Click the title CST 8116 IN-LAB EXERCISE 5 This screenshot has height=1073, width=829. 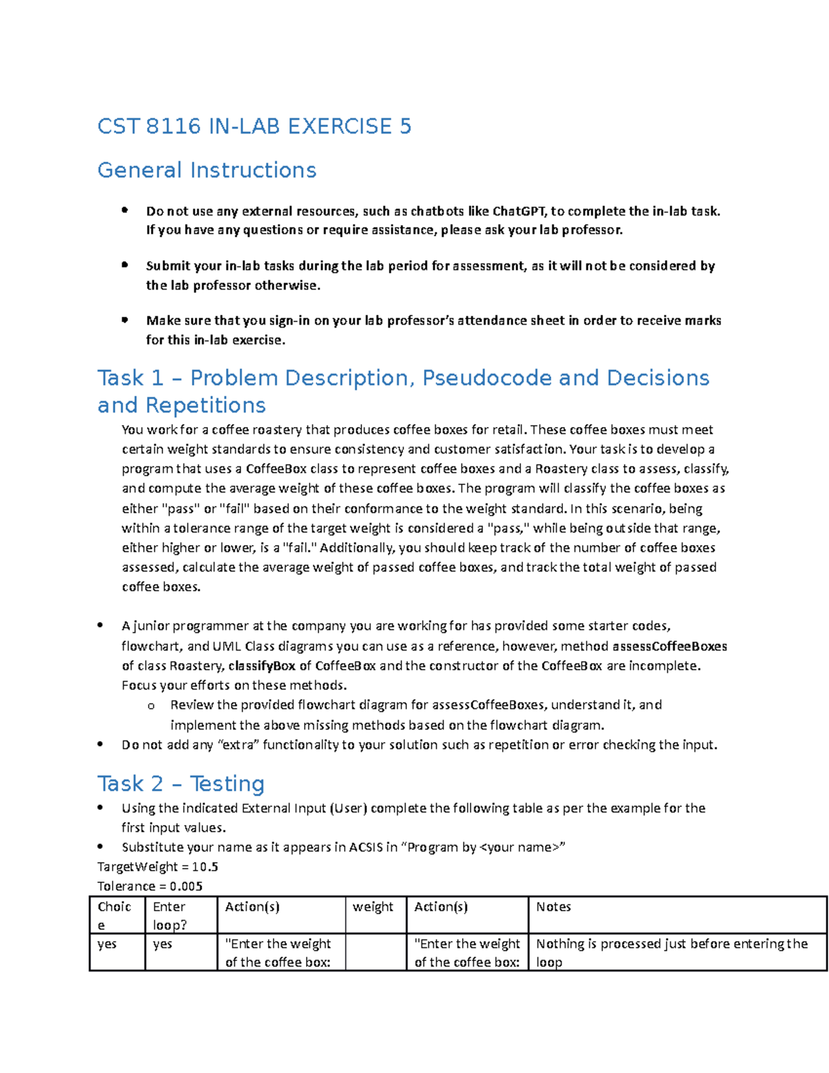pos(254,126)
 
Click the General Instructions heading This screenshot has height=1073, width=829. pos(207,170)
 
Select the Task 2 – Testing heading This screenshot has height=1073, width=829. pos(181,784)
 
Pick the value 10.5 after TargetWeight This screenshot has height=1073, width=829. pos(205,867)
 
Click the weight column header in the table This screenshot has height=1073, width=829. pos(372,907)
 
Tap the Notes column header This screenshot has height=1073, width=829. pos(553,907)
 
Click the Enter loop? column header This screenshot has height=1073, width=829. pos(170,915)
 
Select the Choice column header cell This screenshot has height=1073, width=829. pos(114,915)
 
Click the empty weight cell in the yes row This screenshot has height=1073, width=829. pos(375,953)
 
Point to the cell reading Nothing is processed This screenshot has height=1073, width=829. pos(671,953)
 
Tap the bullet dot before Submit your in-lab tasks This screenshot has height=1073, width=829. pos(125,265)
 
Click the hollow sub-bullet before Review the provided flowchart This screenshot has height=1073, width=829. pos(151,706)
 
